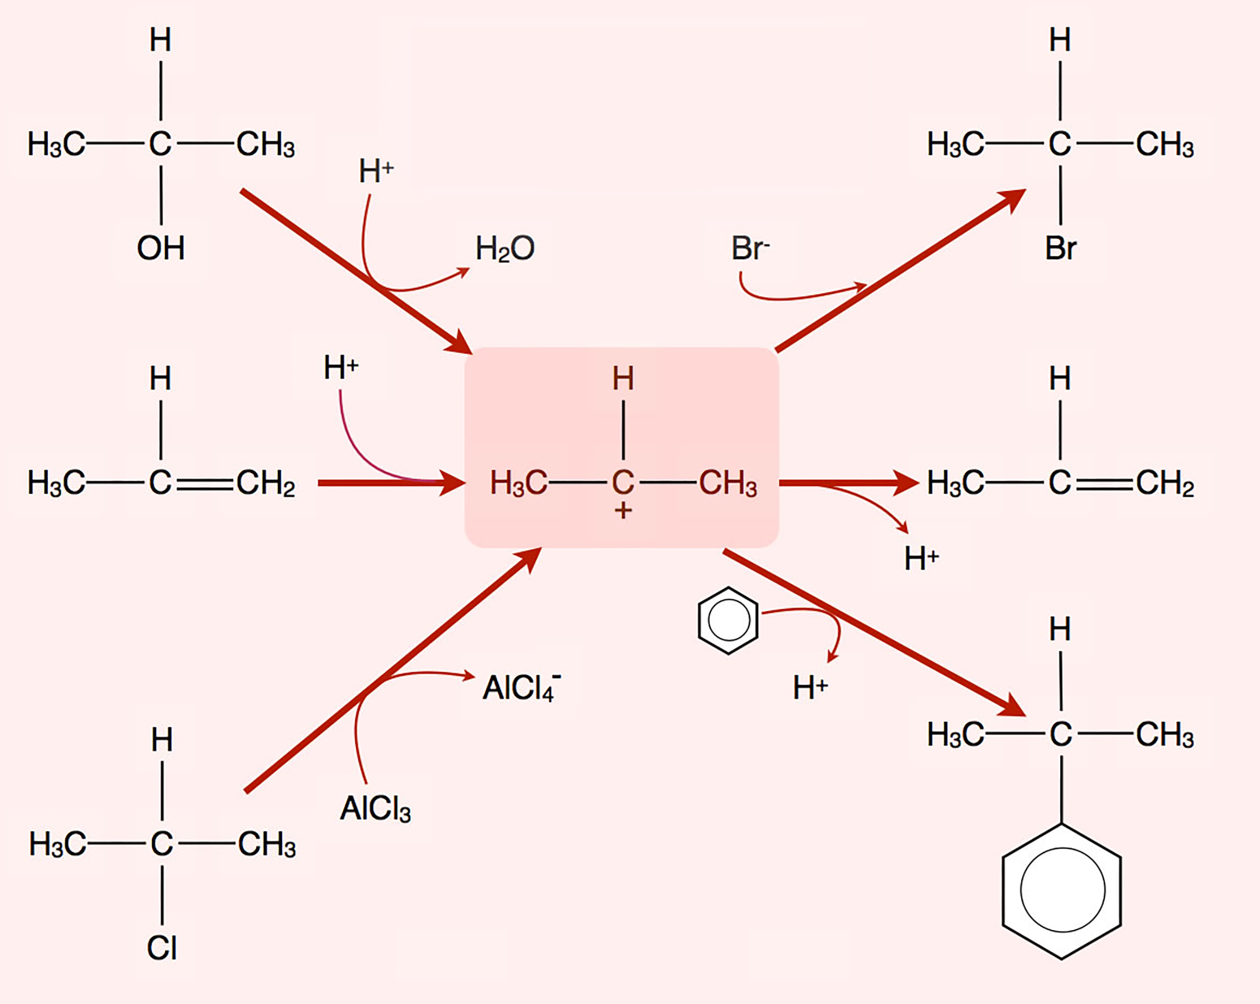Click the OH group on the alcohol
click(161, 249)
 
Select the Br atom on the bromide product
click(1061, 249)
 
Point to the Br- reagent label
click(750, 249)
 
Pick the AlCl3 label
click(375, 809)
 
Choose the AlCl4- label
click(521, 687)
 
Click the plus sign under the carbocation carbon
click(623, 511)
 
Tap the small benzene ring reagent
click(728, 621)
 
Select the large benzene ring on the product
click(1062, 890)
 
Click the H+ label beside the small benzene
click(810, 687)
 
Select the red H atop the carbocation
click(623, 379)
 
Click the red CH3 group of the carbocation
click(728, 484)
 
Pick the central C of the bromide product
click(1060, 144)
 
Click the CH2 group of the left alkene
click(266, 484)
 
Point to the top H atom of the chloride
click(162, 740)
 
